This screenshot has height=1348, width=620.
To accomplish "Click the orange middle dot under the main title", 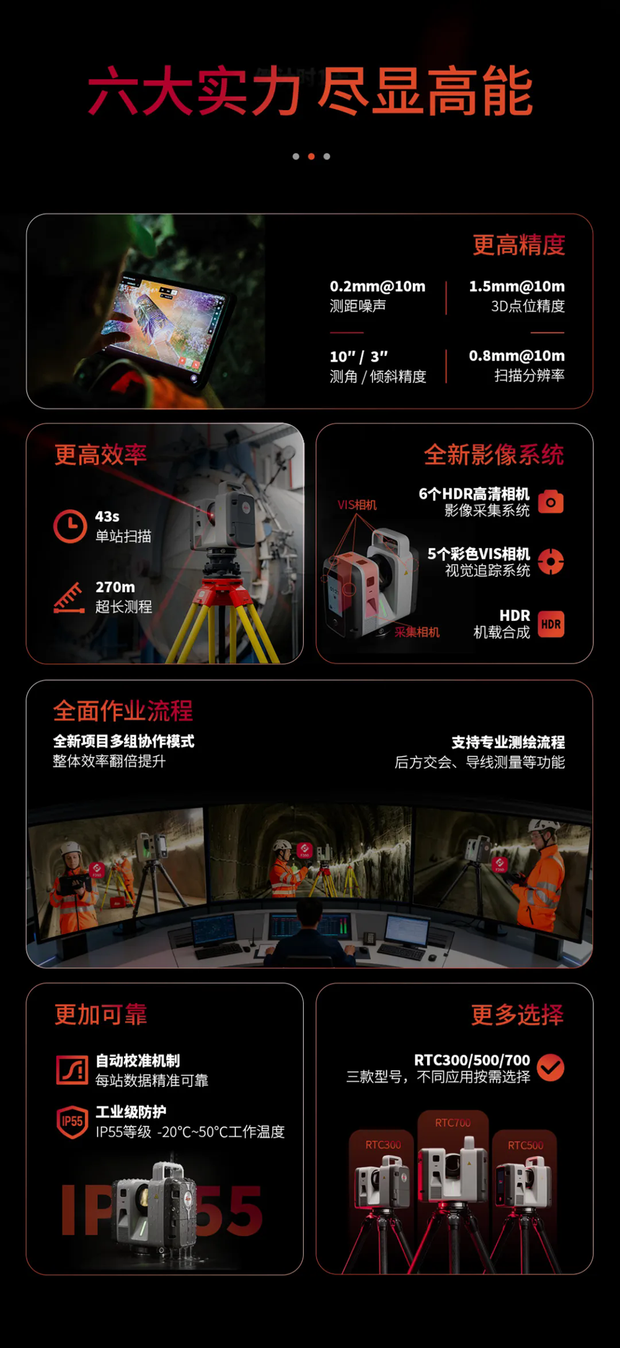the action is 311,156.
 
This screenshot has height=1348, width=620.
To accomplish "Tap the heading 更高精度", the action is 519,245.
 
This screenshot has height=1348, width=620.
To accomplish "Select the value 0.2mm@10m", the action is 378,286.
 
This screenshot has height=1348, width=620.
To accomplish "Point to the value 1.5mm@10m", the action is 516,286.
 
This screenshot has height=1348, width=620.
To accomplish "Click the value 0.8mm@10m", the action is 516,356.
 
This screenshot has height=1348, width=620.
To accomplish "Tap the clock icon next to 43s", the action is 70,526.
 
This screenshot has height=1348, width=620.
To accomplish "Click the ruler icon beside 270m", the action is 69,597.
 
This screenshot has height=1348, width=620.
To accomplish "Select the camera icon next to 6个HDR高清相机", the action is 551,501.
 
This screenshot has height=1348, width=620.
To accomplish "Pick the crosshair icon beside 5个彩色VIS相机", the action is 551,562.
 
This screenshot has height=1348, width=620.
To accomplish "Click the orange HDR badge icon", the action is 551,624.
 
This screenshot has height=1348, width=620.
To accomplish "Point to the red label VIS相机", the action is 357,505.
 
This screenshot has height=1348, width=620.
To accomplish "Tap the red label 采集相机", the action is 417,632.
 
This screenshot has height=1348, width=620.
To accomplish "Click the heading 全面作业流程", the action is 123,711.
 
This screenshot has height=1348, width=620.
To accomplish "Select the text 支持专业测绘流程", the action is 508,742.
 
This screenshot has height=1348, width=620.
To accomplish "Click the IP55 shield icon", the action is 73,1122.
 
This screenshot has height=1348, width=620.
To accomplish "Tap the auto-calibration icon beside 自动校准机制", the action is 72,1070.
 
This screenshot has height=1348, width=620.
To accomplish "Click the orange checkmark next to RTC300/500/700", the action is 551,1067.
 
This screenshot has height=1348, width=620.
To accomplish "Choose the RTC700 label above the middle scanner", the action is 453,1122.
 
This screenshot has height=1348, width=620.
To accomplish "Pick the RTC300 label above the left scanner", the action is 383,1145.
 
